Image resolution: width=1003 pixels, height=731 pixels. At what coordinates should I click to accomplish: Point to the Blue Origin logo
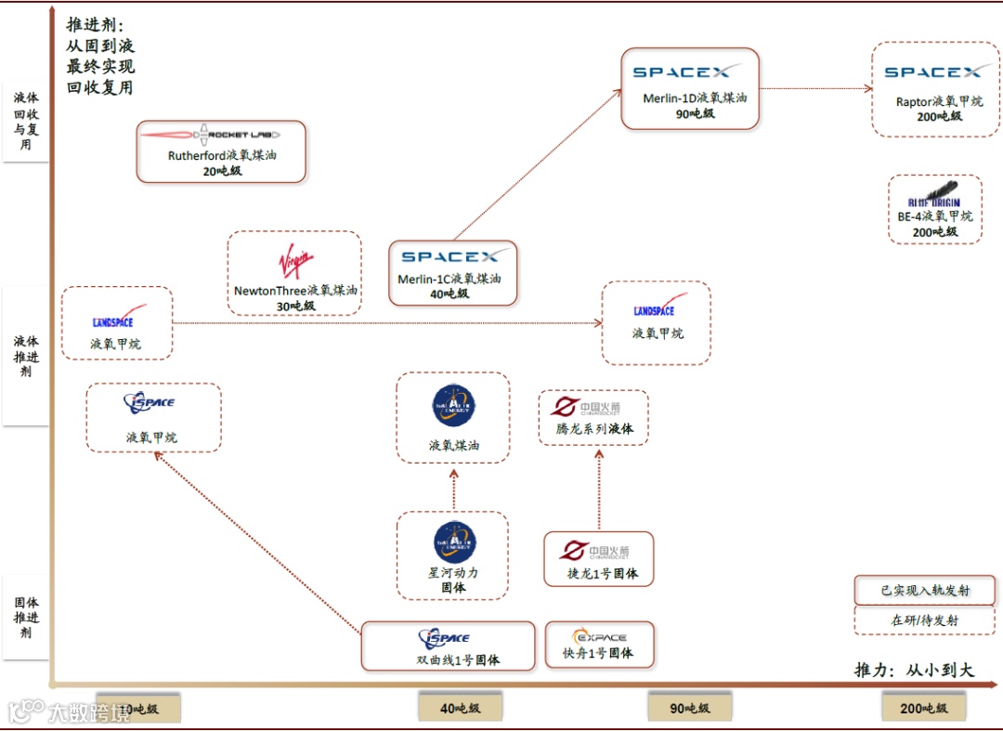tap(935, 195)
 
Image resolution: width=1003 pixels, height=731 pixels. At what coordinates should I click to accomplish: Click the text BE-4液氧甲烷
tap(935, 216)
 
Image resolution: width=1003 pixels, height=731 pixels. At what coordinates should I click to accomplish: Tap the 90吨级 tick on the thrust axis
tap(690, 709)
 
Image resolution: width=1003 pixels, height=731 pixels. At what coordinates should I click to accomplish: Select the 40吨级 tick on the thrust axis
tap(460, 709)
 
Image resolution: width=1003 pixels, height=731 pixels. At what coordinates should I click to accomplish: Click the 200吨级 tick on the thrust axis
tap(924, 709)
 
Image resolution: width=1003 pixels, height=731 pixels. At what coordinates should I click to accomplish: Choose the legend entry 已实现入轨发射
tap(924, 590)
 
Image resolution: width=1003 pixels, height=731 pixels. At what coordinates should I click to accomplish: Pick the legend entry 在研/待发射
tap(924, 620)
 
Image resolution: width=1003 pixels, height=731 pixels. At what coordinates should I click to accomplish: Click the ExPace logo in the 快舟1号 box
tap(600, 637)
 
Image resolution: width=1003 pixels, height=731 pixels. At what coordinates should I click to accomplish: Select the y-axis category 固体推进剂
tap(26, 618)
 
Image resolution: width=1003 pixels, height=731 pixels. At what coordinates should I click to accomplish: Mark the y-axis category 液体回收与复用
tap(26, 121)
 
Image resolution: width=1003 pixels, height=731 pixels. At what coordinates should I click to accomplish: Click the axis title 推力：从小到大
tap(914, 670)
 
